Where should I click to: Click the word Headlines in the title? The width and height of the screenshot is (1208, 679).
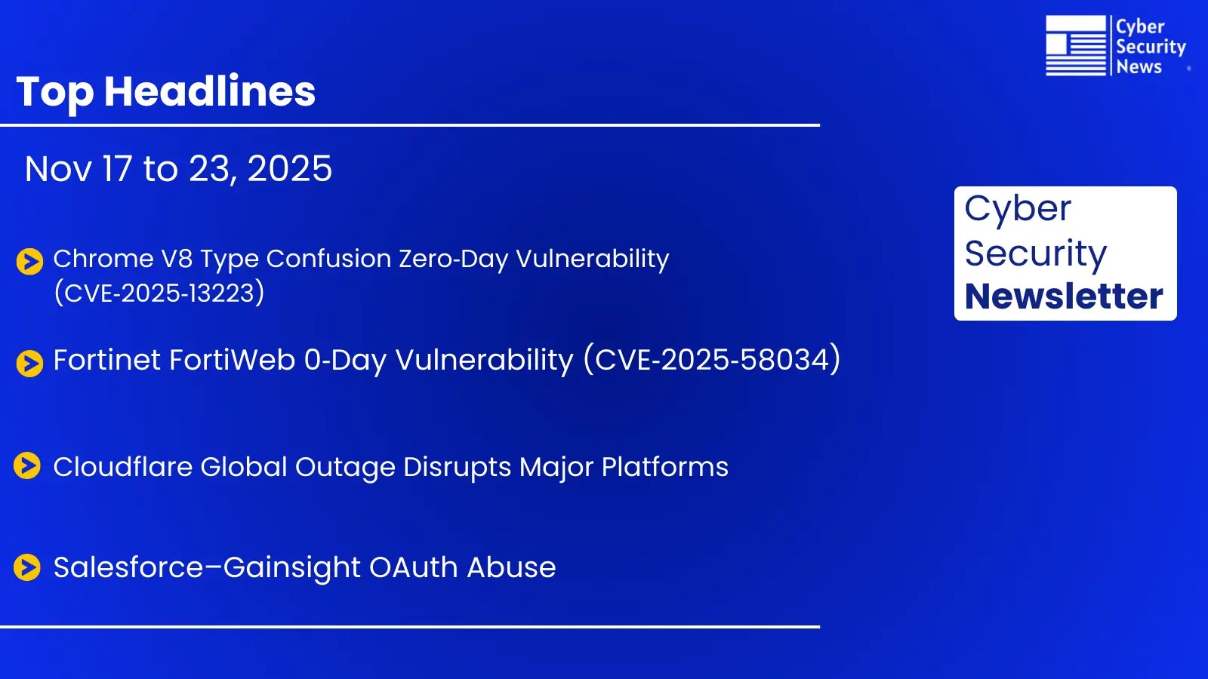point(210,91)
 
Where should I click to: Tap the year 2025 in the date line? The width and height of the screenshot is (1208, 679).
point(290,168)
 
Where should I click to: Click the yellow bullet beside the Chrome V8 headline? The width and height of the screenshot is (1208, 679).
point(29,262)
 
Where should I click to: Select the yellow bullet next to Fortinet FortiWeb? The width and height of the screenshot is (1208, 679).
point(29,363)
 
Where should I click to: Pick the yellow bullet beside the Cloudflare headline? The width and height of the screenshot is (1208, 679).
point(27,466)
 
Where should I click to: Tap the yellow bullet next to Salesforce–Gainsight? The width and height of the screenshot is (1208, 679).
point(27,567)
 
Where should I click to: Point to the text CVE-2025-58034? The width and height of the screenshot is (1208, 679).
point(712,360)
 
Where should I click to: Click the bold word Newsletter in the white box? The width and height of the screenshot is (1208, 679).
point(1064,296)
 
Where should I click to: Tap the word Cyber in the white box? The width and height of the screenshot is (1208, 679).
point(1018,209)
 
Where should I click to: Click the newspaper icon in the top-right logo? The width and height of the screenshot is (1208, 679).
point(1075,45)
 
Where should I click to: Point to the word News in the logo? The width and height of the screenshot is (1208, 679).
point(1139,67)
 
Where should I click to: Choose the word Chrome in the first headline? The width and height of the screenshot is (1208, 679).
point(103,259)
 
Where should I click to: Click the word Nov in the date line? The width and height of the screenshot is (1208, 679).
point(59,168)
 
